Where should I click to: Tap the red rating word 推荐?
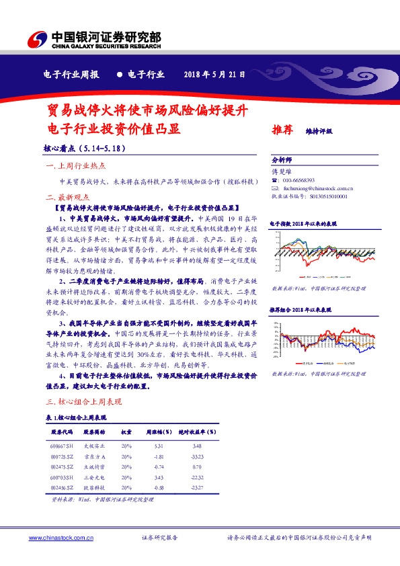point(282,131)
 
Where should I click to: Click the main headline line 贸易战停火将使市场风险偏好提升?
point(147,109)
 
